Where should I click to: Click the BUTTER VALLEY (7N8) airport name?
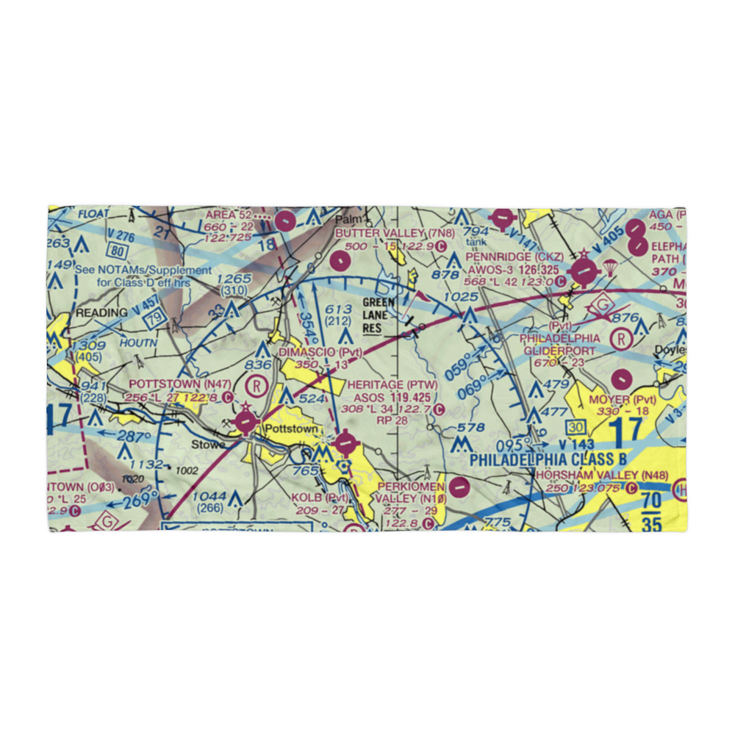click(x=395, y=233)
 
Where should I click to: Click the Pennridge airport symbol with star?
click(x=584, y=270)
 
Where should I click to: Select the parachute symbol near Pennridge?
click(x=609, y=269)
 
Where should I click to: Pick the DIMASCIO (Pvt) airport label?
click(x=320, y=352)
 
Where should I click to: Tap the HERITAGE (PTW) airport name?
click(x=395, y=384)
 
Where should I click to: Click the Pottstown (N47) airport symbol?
click(x=246, y=423)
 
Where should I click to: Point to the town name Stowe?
click(x=206, y=444)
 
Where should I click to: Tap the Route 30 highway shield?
click(x=575, y=428)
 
